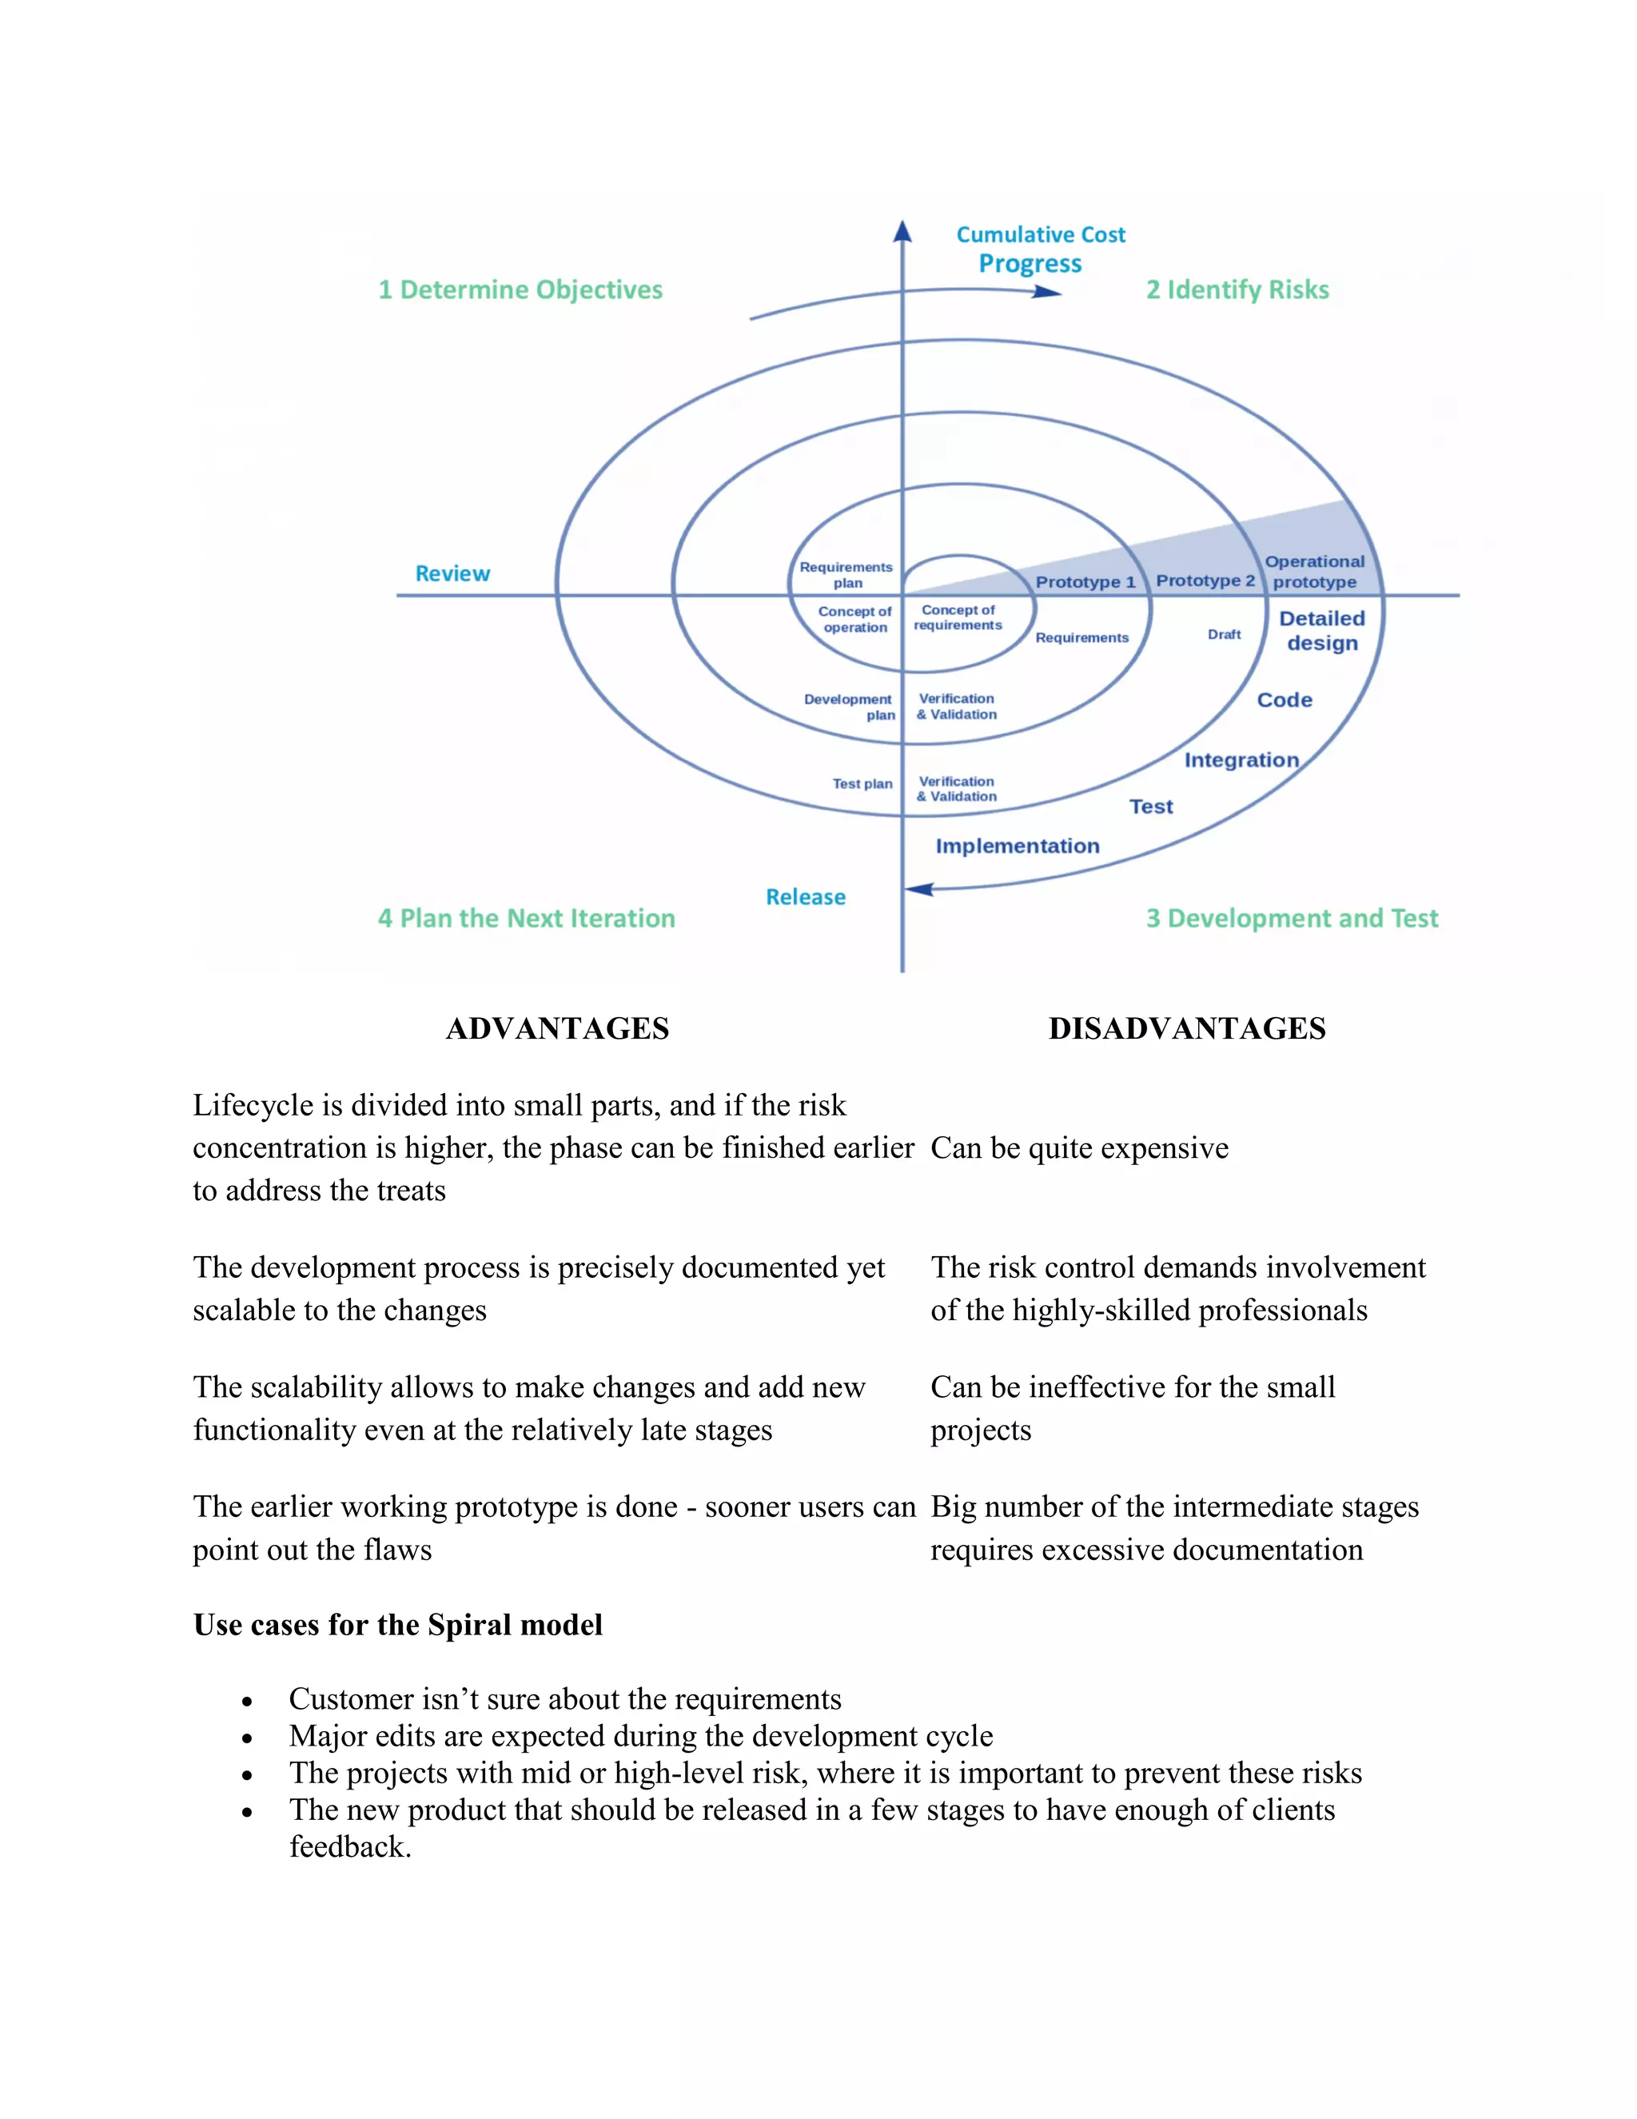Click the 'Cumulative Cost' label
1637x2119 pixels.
1041,235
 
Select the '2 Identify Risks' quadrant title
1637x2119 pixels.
1237,290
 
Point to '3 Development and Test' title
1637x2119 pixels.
1292,919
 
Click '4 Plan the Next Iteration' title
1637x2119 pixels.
527,919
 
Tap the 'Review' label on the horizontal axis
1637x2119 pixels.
453,573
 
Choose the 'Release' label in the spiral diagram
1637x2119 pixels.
805,897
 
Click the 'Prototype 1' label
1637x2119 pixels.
1085,582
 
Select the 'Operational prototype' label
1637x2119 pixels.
1315,572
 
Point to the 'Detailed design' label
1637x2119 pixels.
1322,631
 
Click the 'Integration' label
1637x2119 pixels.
1241,760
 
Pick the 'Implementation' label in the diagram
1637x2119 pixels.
1018,846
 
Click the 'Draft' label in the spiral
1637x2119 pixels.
1224,635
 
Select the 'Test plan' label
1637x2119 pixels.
862,784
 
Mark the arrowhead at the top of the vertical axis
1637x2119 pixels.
903,231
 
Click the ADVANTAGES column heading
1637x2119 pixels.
558,1028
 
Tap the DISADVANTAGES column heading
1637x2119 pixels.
1187,1028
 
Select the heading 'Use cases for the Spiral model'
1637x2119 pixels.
397,1625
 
